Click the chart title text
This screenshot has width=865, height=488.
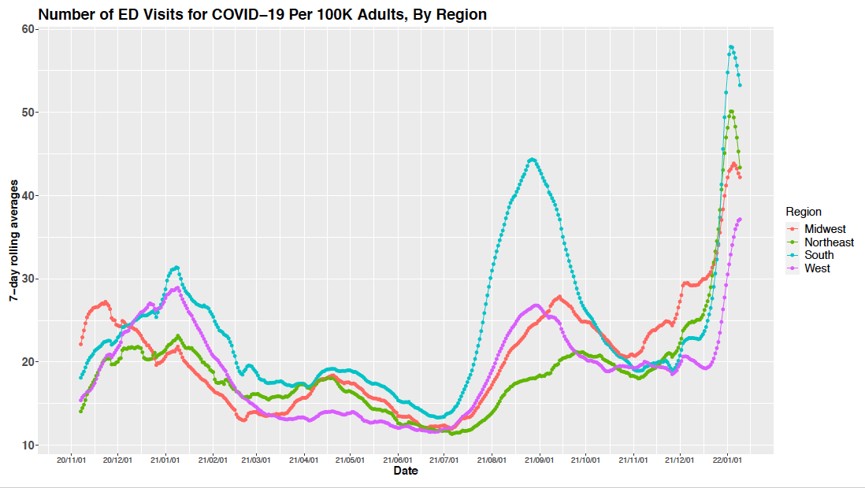[262, 14]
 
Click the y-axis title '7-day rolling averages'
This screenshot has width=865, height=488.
[14, 235]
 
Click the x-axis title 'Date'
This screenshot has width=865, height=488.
[406, 471]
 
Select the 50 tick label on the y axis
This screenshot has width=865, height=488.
[29, 113]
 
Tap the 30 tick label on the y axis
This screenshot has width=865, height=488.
[29, 279]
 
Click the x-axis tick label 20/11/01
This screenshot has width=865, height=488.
[72, 459]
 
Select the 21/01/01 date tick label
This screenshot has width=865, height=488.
[165, 459]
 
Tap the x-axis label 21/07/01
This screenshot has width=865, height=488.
[444, 459]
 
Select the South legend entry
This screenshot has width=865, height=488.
[819, 255]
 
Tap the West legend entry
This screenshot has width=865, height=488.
[817, 268]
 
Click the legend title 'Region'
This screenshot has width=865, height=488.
[804, 212]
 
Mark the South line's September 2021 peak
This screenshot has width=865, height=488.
[532, 160]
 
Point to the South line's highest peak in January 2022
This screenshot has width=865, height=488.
[732, 46]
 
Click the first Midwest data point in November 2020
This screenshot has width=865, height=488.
[81, 344]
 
